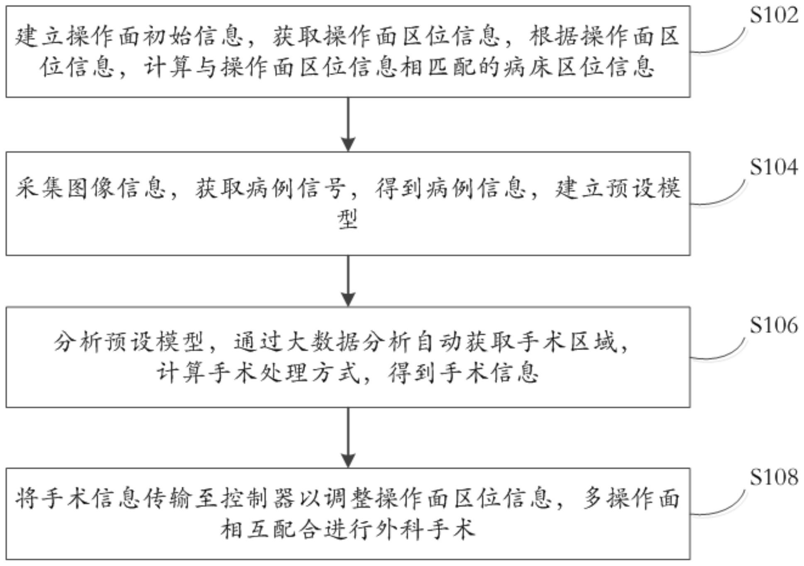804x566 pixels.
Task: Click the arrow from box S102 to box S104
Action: click(348, 124)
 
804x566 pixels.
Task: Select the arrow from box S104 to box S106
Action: click(348, 281)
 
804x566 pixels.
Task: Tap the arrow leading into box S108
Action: click(348, 437)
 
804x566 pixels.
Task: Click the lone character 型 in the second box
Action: click(348, 219)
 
